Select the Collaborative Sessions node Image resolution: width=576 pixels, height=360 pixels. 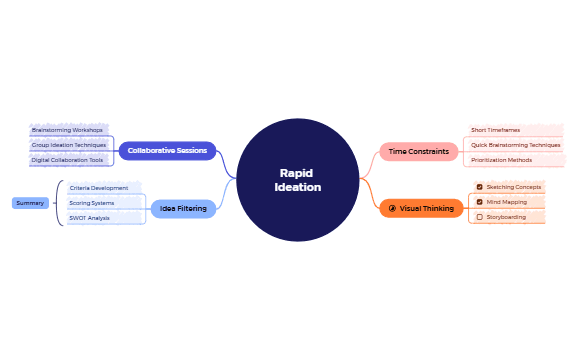[x=167, y=151]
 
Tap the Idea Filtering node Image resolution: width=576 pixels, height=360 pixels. [x=183, y=209]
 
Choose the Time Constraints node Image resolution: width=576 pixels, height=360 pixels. [x=418, y=151]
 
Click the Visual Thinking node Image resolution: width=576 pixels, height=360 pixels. [x=421, y=208]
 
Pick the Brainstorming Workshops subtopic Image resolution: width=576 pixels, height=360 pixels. [x=67, y=130]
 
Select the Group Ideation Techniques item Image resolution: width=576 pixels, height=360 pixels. [x=69, y=145]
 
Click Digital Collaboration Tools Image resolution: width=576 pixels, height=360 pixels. [x=67, y=160]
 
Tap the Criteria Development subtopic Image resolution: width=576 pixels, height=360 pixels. [x=99, y=188]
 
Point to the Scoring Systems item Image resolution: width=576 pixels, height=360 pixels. [x=92, y=203]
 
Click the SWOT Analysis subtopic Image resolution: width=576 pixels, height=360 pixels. [x=90, y=218]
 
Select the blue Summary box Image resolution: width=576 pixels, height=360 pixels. [x=30, y=203]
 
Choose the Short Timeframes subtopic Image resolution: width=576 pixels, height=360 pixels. [x=495, y=130]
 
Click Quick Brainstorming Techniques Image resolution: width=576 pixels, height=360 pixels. [x=515, y=145]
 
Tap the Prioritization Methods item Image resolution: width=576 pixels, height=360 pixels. [x=501, y=160]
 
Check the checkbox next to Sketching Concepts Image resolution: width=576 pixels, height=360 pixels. [x=480, y=187]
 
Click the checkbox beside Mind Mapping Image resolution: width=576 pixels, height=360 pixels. [x=480, y=202]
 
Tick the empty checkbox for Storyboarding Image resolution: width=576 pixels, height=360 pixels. [x=480, y=217]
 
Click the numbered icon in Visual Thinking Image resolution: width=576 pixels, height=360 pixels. [x=392, y=208]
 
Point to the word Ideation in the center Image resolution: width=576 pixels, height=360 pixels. [x=297, y=187]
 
